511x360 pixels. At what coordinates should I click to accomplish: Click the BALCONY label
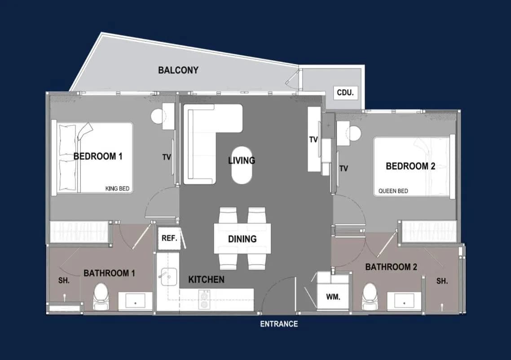point(178,70)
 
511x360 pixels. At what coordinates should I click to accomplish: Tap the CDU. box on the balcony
point(345,93)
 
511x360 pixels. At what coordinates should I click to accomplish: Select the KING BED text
point(117,188)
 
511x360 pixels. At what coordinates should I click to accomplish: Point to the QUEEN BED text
point(393,191)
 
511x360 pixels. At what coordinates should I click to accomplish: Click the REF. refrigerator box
point(169,238)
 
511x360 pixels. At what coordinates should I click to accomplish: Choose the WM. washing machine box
point(333,297)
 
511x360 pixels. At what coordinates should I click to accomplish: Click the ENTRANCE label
point(279,324)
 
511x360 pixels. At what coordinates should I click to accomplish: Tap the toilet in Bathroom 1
point(100,296)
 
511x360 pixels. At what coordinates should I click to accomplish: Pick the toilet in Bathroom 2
point(370,296)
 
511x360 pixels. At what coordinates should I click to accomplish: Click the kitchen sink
point(169,277)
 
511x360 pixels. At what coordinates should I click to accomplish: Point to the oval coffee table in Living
point(242,165)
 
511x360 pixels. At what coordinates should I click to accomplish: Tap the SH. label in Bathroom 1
point(64,280)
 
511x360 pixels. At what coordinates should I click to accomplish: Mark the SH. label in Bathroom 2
point(442,281)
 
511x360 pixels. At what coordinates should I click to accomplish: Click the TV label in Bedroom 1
point(167,157)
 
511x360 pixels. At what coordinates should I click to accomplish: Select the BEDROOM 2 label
point(410,166)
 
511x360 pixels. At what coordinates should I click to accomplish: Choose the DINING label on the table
point(242,239)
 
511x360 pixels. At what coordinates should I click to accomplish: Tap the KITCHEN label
point(206,280)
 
